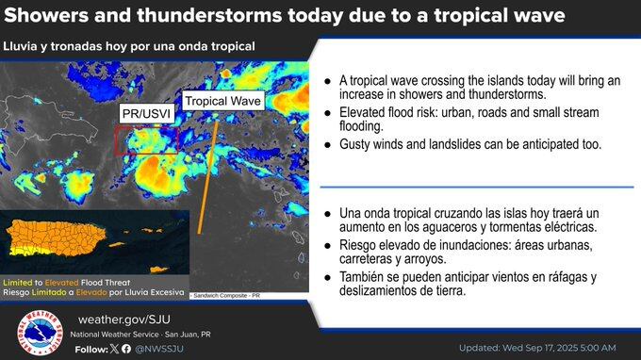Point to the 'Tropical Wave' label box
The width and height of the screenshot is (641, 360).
pos(222,100)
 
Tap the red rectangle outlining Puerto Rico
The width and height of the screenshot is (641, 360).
pos(146,140)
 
